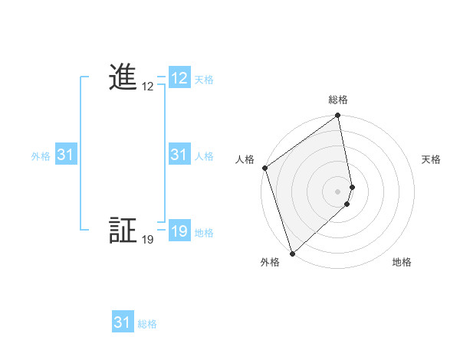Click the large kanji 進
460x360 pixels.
click(x=123, y=78)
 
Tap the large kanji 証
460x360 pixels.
click(x=123, y=231)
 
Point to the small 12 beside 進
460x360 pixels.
click(x=148, y=87)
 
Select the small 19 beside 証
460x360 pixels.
click(x=148, y=240)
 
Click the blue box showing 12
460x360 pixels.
click(x=179, y=78)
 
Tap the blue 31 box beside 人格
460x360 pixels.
click(x=179, y=155)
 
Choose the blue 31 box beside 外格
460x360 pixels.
click(x=65, y=155)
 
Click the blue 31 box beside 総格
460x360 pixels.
click(x=123, y=322)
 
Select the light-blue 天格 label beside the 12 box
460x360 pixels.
click(x=204, y=80)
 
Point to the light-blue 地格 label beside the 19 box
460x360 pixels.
click(x=204, y=233)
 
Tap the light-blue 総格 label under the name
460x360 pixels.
click(x=147, y=324)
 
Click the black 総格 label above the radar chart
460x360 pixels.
click(x=338, y=100)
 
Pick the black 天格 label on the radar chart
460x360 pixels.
click(x=432, y=159)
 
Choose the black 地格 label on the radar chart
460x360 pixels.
click(x=402, y=262)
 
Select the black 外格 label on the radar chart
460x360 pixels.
click(x=269, y=262)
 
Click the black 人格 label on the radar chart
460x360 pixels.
click(x=245, y=159)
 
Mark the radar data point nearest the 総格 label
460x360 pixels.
click(x=338, y=116)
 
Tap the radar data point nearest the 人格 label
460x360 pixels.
click(x=264, y=168)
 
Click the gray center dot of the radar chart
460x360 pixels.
click(x=338, y=191)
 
